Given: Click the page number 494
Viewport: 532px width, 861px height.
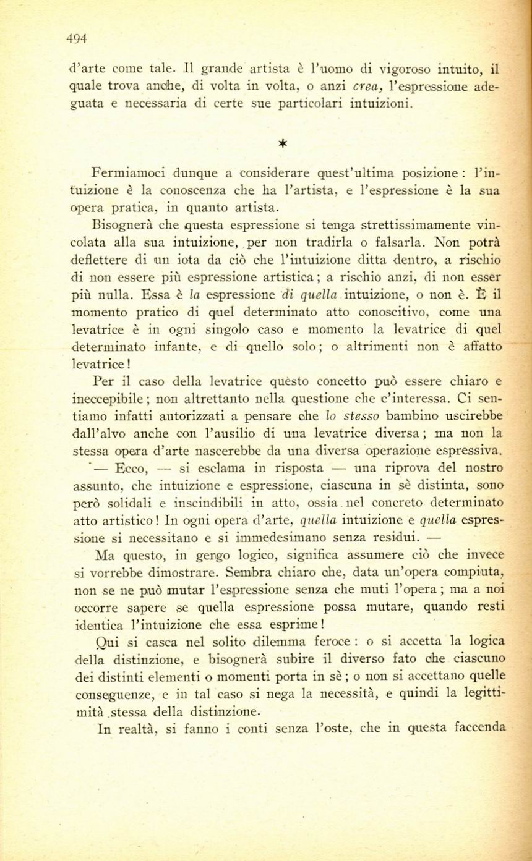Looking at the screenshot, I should coord(77,39).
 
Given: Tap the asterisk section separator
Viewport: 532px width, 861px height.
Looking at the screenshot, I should coord(282,144).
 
